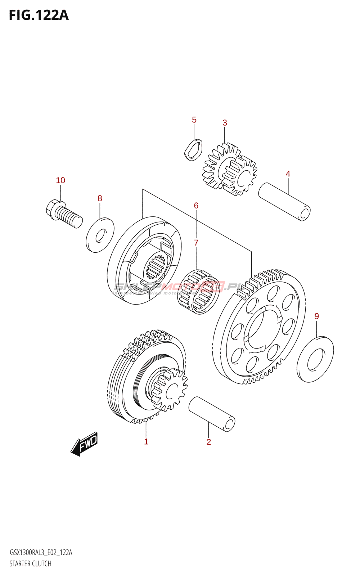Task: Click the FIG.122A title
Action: click(39, 15)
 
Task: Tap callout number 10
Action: click(60, 180)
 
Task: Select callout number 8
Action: click(100, 198)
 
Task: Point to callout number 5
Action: click(194, 120)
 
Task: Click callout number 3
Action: click(225, 123)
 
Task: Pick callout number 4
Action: click(288, 174)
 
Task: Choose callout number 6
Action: click(196, 206)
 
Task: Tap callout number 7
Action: click(196, 243)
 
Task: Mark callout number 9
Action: click(316, 316)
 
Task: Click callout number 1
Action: click(146, 441)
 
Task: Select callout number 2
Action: click(209, 442)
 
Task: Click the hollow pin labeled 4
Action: click(284, 202)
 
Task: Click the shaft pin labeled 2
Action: click(212, 414)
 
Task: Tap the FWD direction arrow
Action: click(85, 444)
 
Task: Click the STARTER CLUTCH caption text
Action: click(31, 564)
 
